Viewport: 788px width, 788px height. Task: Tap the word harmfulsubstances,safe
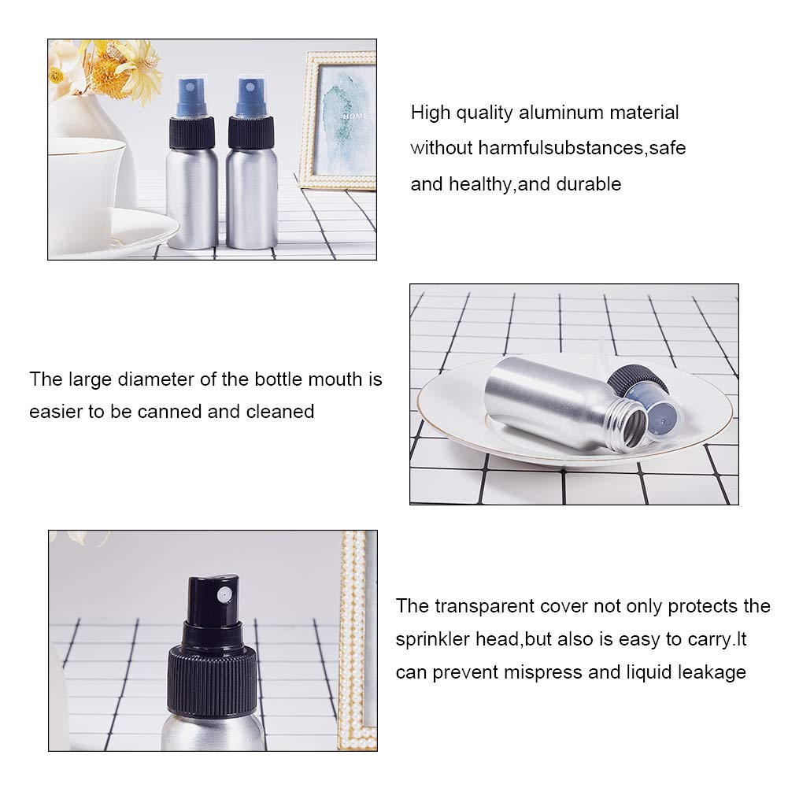coord(582,148)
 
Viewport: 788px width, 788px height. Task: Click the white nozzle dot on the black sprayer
coord(224,595)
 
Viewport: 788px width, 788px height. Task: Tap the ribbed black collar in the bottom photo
coord(212,680)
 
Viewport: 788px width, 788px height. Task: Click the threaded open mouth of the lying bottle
coord(628,427)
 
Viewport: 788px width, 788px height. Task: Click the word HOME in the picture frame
coord(355,116)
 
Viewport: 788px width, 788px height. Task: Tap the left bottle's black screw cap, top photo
coord(192,133)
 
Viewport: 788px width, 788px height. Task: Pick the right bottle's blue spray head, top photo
coord(251,97)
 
